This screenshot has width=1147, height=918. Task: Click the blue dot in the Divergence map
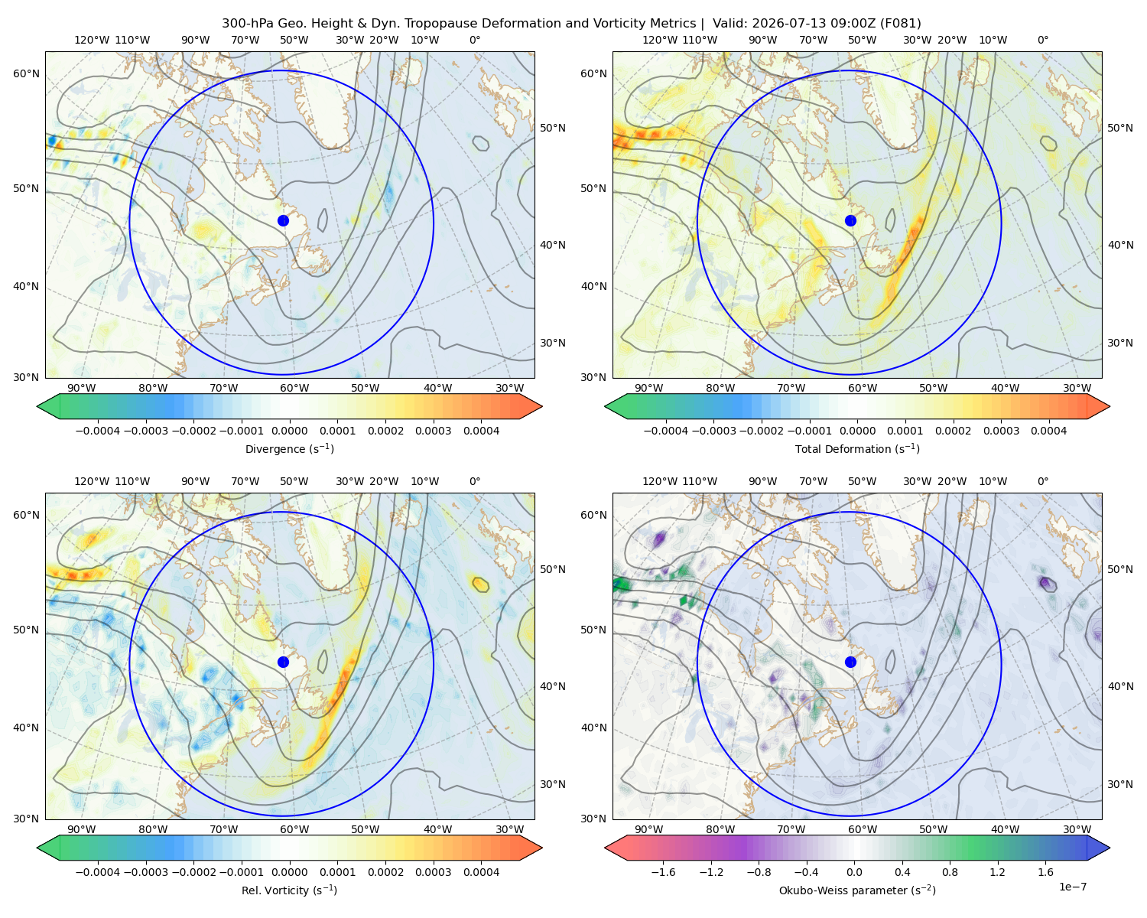click(283, 220)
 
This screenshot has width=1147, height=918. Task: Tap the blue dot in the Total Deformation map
click(850, 220)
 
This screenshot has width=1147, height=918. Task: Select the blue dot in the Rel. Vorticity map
click(283, 662)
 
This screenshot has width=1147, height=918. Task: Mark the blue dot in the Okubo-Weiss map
click(850, 662)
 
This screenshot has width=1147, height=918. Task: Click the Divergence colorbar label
click(289, 449)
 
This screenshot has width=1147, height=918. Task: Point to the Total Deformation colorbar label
click(857, 449)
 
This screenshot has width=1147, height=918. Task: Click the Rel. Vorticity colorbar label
click(289, 890)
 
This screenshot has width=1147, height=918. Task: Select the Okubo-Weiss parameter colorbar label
click(857, 890)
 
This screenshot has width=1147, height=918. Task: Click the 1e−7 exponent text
click(1072, 887)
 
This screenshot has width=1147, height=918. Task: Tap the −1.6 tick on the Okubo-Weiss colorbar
click(663, 872)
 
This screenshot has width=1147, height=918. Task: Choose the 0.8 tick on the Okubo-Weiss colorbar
click(950, 872)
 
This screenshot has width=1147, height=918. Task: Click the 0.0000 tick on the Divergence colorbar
click(289, 431)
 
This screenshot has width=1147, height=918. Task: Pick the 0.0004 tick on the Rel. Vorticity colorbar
click(481, 872)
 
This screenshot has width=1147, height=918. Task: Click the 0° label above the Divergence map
click(475, 40)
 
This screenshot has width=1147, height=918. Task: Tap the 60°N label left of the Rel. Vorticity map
click(26, 516)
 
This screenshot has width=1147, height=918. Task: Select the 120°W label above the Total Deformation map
click(659, 40)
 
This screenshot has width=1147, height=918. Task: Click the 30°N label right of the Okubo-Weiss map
click(1120, 784)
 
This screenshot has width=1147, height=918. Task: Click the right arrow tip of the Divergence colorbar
click(542, 406)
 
